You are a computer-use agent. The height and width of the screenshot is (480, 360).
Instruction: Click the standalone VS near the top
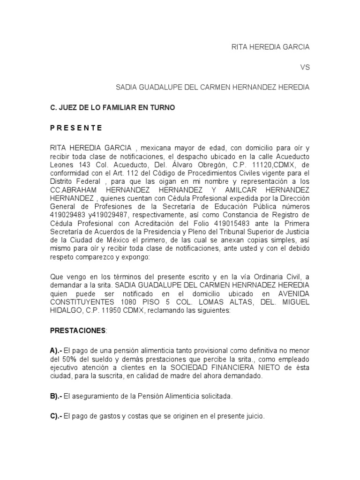coord(305,67)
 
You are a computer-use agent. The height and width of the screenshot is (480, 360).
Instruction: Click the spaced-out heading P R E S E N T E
coord(76,128)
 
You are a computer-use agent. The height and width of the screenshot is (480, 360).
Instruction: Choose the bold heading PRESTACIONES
coord(78,330)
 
